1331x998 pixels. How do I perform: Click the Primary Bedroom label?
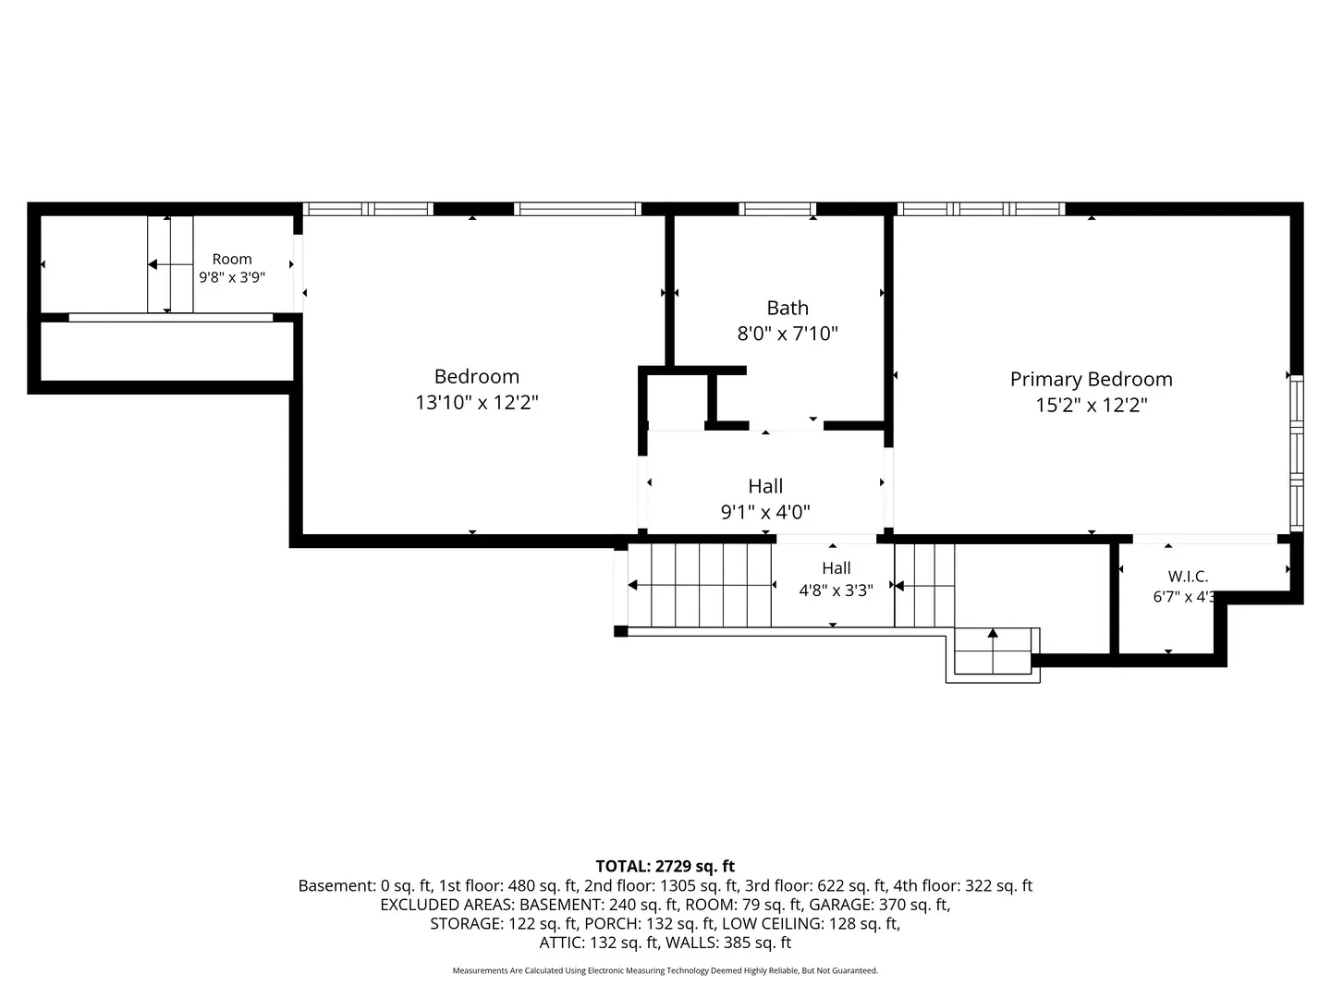tap(1091, 379)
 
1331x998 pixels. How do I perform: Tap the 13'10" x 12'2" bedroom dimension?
tap(477, 402)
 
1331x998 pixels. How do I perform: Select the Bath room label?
tap(788, 308)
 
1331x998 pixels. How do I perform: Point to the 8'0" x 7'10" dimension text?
tap(788, 334)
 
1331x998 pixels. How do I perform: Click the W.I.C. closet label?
tap(1188, 577)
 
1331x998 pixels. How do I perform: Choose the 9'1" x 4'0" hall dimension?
tap(765, 512)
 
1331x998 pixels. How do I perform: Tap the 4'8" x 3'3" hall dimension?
tap(836, 590)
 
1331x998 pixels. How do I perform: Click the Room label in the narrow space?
tap(232, 259)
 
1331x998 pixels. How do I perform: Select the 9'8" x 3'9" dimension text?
tap(232, 277)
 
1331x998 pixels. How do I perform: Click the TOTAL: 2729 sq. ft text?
tap(665, 866)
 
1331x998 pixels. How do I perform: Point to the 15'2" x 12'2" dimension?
tap(1092, 405)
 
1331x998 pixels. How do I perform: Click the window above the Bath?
tap(777, 209)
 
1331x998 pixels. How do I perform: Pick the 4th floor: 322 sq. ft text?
tap(962, 885)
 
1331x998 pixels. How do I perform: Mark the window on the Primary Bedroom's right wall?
tap(1297, 453)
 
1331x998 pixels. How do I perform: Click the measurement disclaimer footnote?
tap(665, 970)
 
